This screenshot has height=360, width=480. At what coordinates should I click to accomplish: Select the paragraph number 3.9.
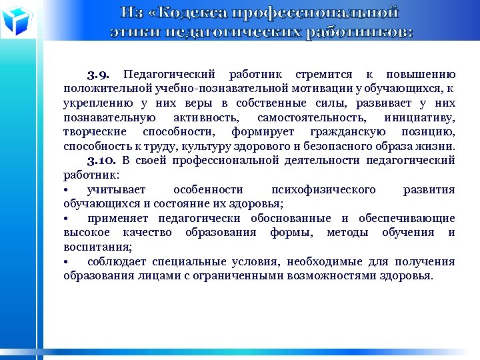(x=102, y=73)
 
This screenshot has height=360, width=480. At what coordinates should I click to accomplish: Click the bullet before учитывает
(x=67, y=190)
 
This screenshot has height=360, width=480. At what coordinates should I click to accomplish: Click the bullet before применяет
(x=67, y=219)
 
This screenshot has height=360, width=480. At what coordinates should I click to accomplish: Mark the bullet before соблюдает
(x=67, y=262)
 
